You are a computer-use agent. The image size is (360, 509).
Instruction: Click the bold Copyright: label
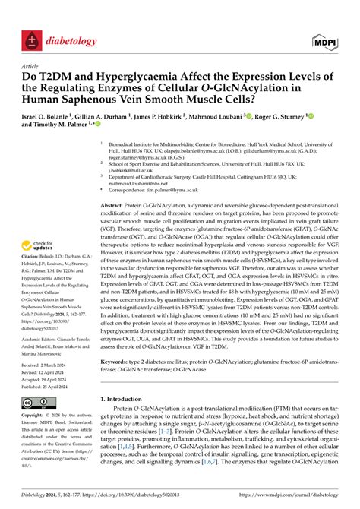coord(35,416)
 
